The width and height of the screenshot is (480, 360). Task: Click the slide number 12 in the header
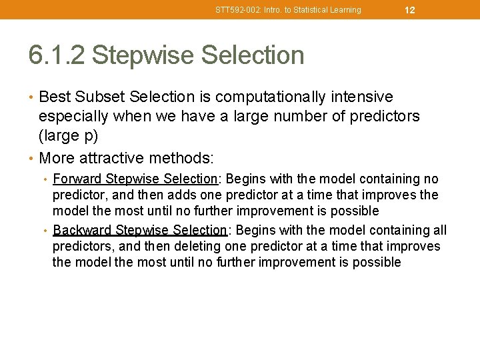coord(410,10)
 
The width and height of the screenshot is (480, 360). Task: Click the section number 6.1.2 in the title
coord(56,55)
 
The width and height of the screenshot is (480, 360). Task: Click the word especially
coord(73,117)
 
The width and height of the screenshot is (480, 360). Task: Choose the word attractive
coord(113,158)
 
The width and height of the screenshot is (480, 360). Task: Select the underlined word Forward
coord(77,179)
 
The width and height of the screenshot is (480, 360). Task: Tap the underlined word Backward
coord(81,230)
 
